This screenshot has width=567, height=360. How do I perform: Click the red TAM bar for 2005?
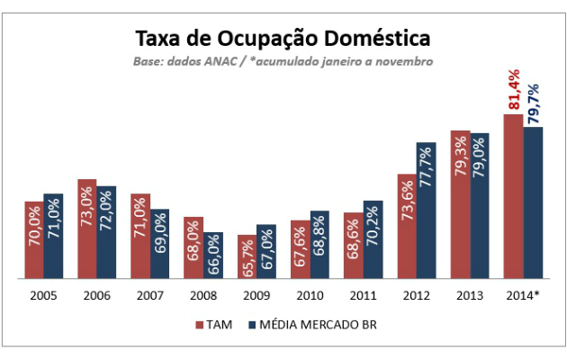[33, 239]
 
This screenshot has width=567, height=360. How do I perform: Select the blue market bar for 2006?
[106, 232]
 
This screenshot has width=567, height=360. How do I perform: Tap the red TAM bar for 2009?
[247, 256]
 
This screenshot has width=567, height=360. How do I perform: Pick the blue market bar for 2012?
[426, 211]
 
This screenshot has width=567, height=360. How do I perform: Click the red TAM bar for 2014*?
[513, 196]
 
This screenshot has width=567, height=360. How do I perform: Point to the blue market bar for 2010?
[319, 244]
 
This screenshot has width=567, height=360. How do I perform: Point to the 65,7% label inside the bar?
[247, 257]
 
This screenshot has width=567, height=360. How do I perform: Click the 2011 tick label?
[362, 294]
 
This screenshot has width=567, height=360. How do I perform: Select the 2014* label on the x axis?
[523, 294]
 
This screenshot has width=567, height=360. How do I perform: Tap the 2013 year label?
[469, 294]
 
